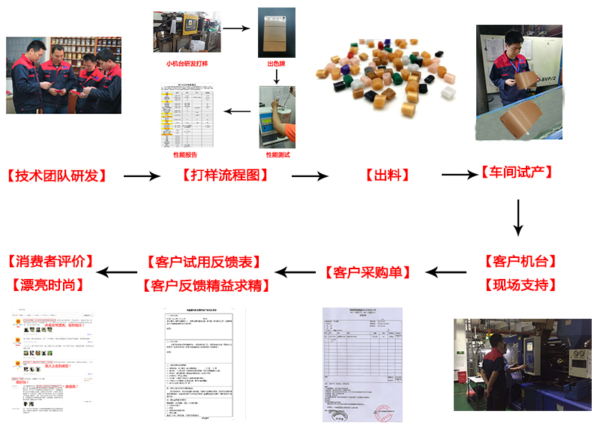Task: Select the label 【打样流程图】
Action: [225, 176]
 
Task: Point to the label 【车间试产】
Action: [517, 172]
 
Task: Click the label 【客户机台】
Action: [520, 262]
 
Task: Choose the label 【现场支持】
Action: [520, 285]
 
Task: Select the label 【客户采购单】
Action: [369, 272]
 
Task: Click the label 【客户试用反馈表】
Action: [205, 262]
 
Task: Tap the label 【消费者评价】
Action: [50, 262]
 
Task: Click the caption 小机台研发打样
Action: [189, 64]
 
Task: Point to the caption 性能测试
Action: [277, 155]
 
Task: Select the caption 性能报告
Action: [185, 155]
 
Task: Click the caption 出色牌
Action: [277, 64]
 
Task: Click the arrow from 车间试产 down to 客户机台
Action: [517, 217]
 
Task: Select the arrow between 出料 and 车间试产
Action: [459, 175]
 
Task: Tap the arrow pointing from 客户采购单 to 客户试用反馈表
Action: [296, 272]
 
